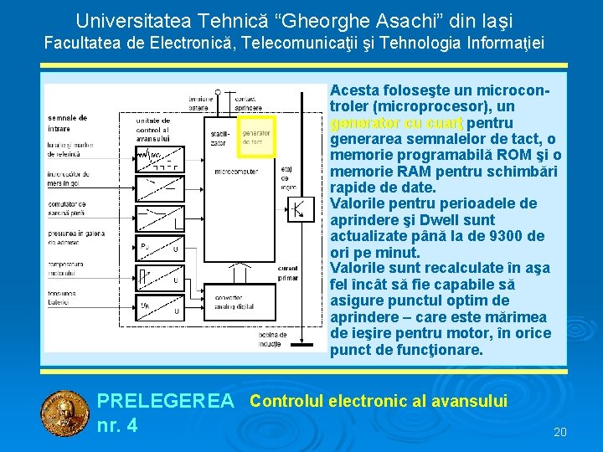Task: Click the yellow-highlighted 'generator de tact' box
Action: coord(257,136)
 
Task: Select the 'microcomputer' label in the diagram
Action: coord(237,172)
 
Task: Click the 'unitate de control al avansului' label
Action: coord(152,130)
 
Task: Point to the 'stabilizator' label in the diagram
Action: coord(219,137)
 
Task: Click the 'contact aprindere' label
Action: coord(247,103)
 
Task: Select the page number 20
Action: coord(560,432)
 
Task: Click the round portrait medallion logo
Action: coord(65,414)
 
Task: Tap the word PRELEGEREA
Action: coord(166,402)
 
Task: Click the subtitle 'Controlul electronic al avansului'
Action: coord(379,401)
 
